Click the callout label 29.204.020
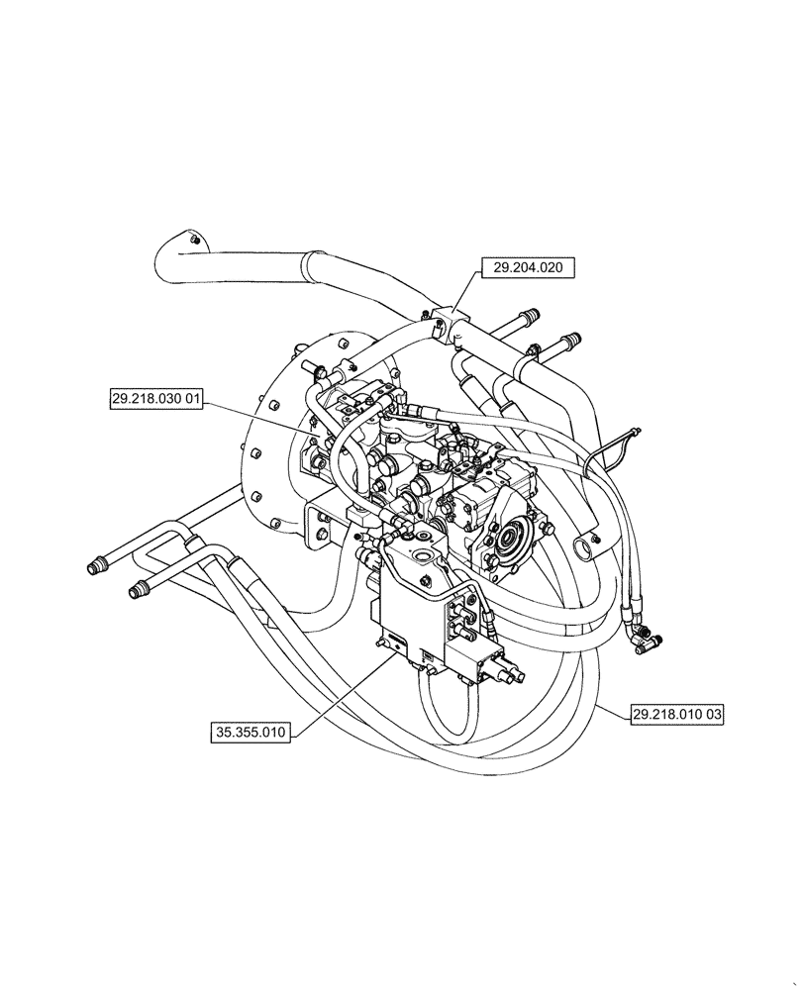527,267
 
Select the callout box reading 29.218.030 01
155,399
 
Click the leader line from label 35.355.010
337,692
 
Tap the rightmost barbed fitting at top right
569,343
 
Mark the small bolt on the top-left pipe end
194,240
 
